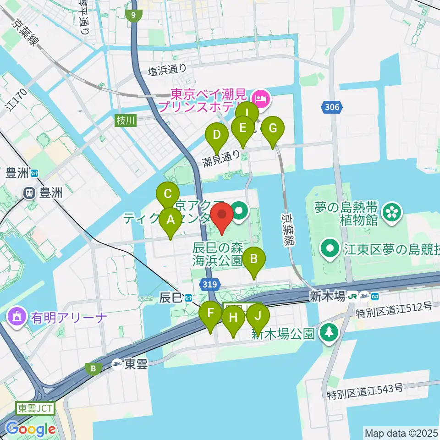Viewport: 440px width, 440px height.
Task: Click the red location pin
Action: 222,215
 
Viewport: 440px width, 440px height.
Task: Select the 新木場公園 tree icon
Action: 329,331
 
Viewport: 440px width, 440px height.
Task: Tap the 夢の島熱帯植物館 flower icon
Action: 392,212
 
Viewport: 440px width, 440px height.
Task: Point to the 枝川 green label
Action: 126,121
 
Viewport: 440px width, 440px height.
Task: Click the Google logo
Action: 31,429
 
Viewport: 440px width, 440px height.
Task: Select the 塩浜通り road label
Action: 167,70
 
